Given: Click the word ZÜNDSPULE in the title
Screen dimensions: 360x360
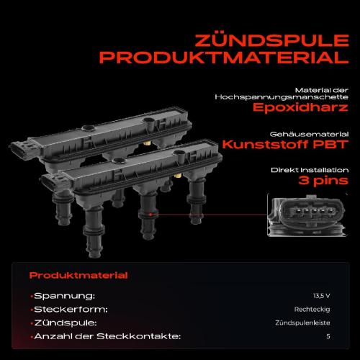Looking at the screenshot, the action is coord(272,40).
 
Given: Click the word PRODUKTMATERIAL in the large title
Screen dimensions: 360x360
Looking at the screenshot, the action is coord(224,58).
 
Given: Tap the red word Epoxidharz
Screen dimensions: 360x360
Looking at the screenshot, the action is coord(300,107).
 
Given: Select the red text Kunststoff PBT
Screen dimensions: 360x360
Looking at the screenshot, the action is coord(285,144).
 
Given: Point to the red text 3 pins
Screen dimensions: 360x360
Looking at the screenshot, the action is coord(323,181).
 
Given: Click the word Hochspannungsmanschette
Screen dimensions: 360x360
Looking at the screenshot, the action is coord(282,97).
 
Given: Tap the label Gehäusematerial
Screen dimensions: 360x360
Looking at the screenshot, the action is coord(309,134).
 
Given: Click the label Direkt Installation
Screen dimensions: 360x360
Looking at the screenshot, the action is coord(310,170).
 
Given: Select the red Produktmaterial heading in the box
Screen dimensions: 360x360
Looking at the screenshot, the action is coord(78,275).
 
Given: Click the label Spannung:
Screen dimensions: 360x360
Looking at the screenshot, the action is coord(64,296).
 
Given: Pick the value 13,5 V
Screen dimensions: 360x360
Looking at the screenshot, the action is coord(322,296).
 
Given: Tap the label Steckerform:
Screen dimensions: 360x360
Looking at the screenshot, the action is coord(71,310).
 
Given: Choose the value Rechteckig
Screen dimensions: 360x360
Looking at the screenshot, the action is coord(312,310).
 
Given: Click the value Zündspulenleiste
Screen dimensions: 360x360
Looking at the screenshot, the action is coord(302,323).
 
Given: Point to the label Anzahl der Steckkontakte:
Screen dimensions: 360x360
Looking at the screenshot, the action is coord(107,336).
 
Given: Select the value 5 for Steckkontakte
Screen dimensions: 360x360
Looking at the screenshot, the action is coord(328,336).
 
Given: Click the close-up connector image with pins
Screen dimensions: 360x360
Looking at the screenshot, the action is coord(307,215).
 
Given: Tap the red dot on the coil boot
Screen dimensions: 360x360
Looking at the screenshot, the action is coord(150,215).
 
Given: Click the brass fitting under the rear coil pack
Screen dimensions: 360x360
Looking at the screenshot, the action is coord(147,143).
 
